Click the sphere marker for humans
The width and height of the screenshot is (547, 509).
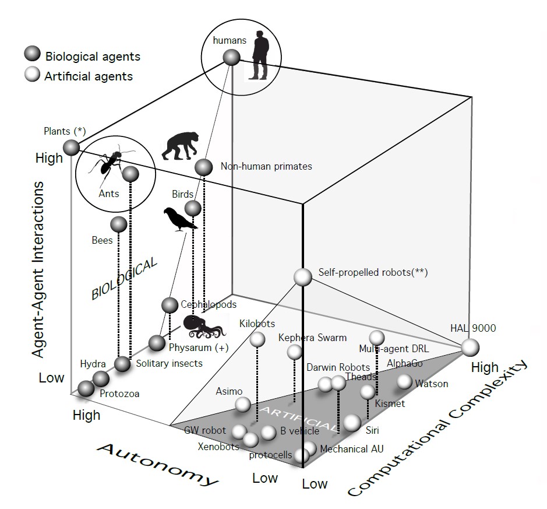231,57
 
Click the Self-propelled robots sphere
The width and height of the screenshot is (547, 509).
303,276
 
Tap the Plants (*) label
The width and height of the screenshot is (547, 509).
64,131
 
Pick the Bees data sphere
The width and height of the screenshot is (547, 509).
118,224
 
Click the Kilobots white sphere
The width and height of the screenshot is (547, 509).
257,339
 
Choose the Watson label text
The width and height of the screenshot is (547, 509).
431,384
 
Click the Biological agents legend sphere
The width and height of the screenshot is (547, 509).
31,56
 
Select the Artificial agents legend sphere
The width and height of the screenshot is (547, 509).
31,76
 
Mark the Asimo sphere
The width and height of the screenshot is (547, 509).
243,404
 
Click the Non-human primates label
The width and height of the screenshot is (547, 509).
266,166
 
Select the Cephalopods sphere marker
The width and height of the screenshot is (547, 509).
170,305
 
